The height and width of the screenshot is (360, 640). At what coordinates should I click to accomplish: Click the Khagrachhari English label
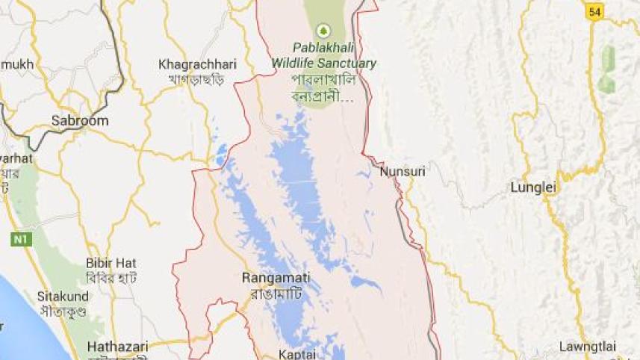click(x=197, y=64)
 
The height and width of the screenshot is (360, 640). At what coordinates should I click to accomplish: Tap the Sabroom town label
click(x=79, y=120)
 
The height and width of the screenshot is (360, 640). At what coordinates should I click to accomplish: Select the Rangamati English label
click(x=276, y=278)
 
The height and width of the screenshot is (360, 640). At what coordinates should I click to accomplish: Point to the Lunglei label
click(x=533, y=187)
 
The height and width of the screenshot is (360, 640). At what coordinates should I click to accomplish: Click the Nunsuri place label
click(x=403, y=172)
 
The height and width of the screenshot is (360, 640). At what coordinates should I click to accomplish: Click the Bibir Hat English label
click(x=111, y=263)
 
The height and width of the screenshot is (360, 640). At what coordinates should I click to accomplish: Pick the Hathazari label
click(x=117, y=346)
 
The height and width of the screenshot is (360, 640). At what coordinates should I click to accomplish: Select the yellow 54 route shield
click(x=594, y=11)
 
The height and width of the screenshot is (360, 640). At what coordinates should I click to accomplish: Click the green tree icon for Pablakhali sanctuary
click(x=323, y=31)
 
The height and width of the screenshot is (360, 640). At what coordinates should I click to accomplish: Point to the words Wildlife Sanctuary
click(x=324, y=63)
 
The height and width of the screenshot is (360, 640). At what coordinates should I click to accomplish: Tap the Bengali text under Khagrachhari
click(x=196, y=78)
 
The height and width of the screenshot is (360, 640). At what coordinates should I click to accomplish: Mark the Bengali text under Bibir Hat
click(x=111, y=277)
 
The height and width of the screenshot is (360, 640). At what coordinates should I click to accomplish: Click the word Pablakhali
click(x=324, y=49)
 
